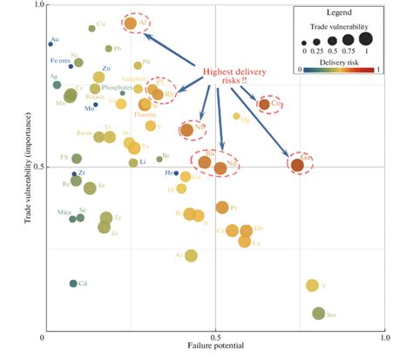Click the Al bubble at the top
(131, 24)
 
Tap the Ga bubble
(297, 164)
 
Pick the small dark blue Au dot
(51, 44)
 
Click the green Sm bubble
(318, 314)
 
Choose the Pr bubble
(222, 207)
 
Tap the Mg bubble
(236, 116)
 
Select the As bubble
(191, 255)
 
